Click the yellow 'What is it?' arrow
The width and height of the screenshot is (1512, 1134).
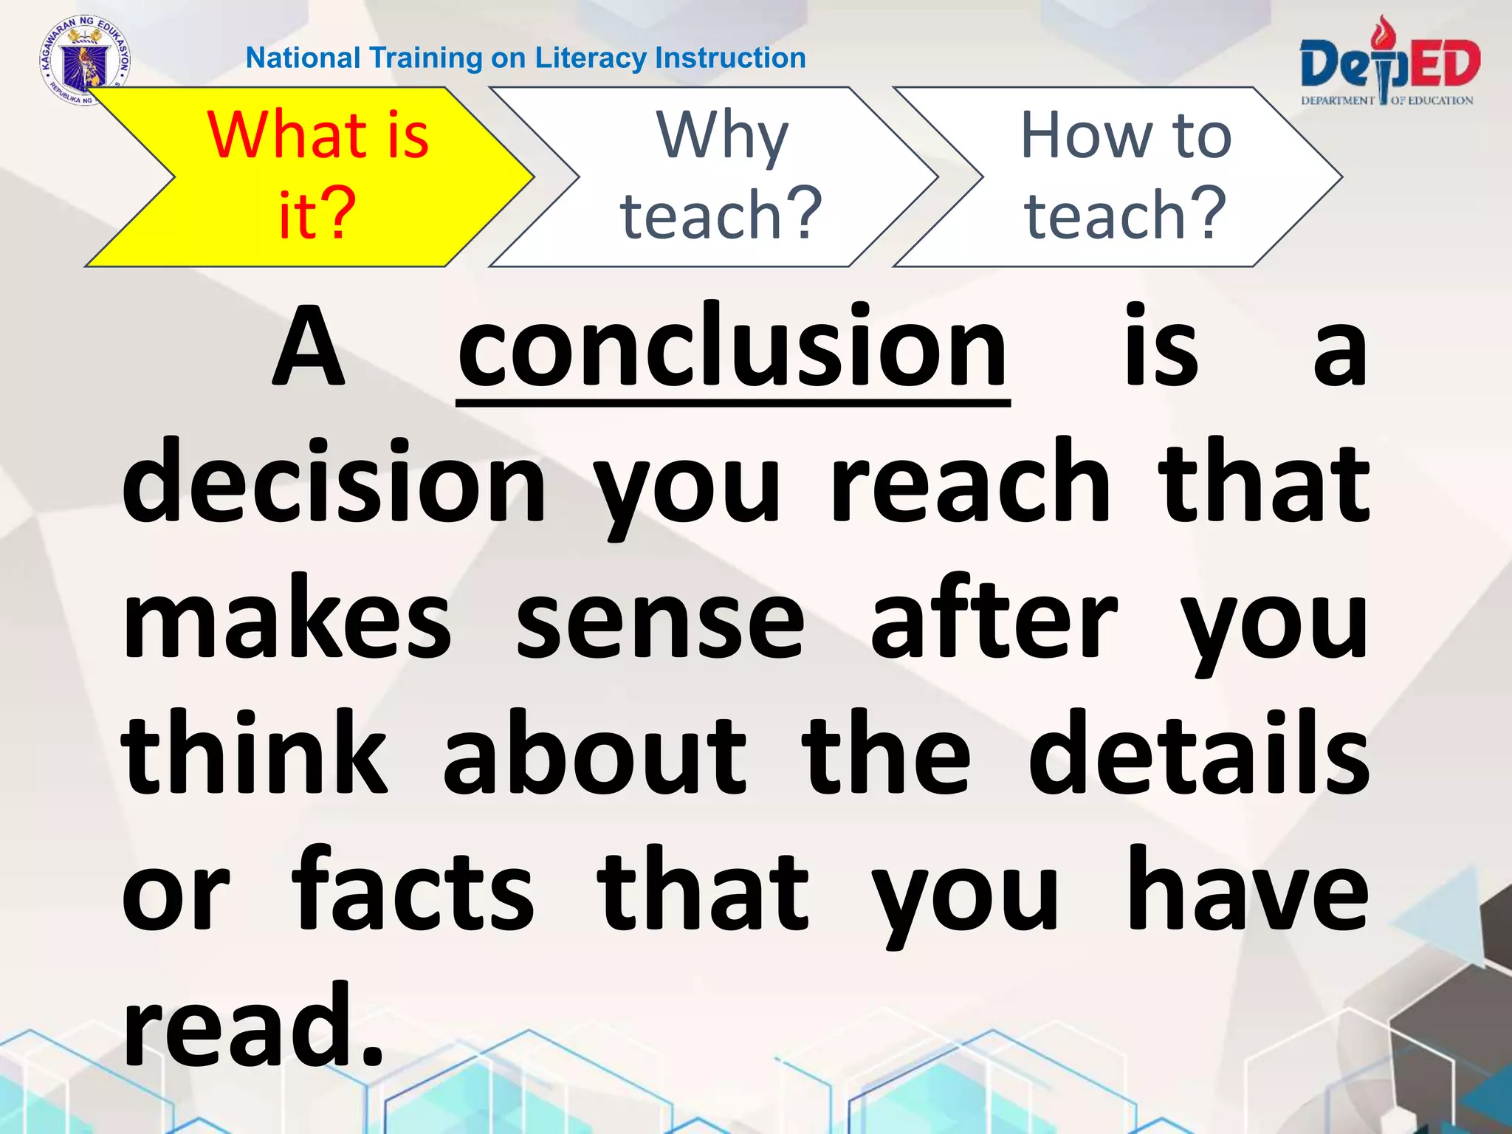tap(310, 177)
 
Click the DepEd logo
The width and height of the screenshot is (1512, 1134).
tap(1388, 66)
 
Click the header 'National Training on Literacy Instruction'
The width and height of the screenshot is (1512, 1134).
tap(526, 58)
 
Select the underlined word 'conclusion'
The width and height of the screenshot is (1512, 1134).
tap(732, 347)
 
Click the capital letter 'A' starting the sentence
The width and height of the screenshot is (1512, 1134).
tap(309, 347)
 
